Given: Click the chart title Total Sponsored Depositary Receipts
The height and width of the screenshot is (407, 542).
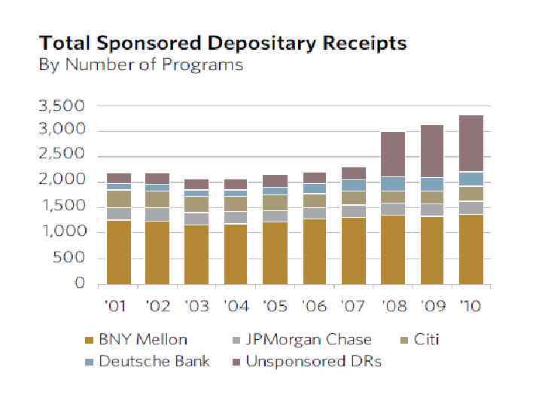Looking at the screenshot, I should click(x=223, y=42).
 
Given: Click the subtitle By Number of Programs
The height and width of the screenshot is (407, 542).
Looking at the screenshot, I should click(x=141, y=64).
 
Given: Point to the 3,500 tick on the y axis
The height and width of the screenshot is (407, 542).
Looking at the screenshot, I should click(x=62, y=105).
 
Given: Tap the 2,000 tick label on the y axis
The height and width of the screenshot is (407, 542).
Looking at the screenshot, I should click(x=62, y=182).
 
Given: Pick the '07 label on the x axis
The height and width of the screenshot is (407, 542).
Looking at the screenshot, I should click(x=354, y=306).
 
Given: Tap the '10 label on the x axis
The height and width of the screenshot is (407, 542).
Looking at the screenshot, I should click(x=471, y=306).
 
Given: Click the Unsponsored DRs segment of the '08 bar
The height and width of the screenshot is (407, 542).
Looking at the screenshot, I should click(x=393, y=155).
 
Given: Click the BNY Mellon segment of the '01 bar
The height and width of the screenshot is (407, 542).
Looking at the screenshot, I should click(x=119, y=252).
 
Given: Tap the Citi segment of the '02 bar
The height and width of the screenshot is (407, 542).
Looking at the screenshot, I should click(x=158, y=198).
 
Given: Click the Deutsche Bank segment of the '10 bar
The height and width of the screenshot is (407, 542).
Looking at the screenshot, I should click(x=471, y=179).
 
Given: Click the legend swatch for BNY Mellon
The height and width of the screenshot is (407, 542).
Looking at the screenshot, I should click(x=89, y=340).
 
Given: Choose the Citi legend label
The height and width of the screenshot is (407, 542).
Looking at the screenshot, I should click(x=426, y=339).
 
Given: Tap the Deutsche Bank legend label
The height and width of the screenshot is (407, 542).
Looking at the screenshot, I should click(x=154, y=361).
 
